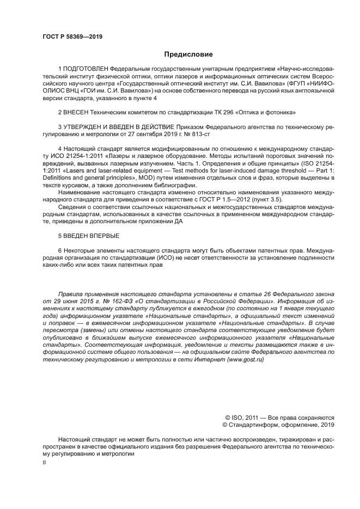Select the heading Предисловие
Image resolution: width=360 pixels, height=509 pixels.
pyautogui.click(x=189, y=54)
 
